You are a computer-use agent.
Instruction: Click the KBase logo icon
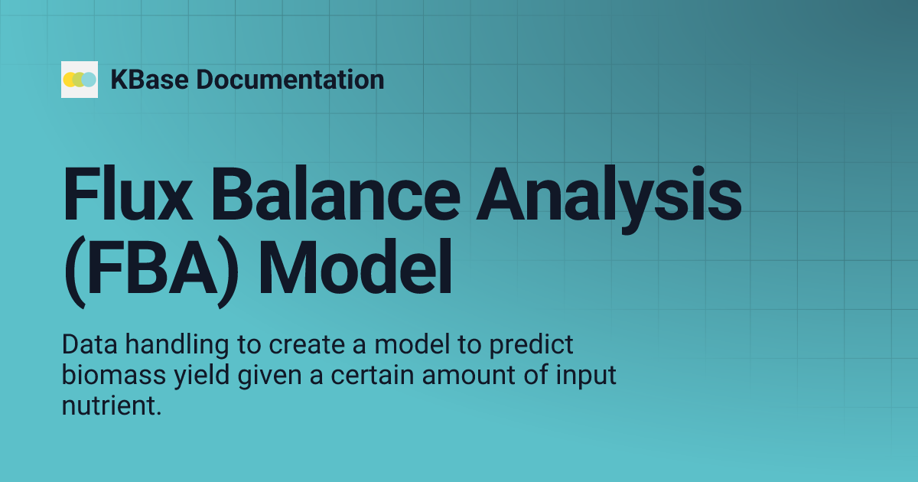80,80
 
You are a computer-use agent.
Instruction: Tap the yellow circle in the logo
70,80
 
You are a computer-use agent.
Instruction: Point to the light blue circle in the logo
90,80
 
